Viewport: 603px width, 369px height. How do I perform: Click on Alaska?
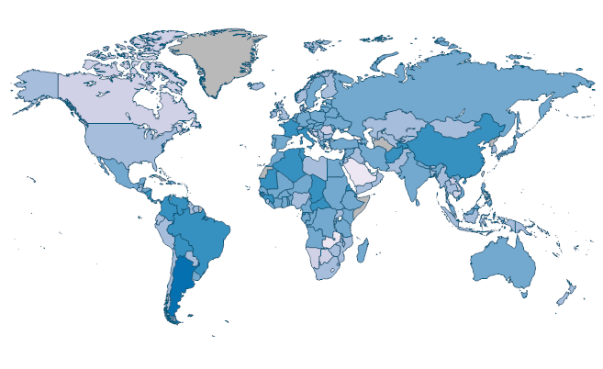37,87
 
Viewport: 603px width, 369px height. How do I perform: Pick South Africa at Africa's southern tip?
326,271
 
